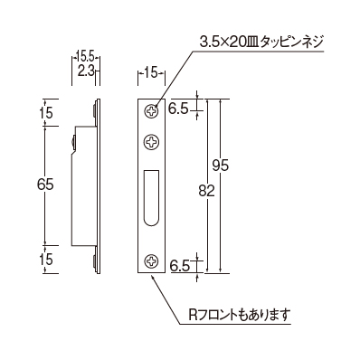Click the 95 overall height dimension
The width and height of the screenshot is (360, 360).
click(221, 166)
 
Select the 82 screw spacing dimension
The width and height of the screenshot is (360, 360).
click(207, 191)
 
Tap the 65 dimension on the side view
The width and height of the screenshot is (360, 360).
click(45, 185)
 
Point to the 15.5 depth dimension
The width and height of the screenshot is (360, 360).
click(86, 56)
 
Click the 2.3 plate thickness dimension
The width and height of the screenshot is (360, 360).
click(86, 71)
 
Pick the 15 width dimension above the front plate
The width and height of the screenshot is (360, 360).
click(151, 72)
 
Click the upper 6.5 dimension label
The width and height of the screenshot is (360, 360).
click(178, 109)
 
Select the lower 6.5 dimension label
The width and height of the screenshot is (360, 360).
click(179, 266)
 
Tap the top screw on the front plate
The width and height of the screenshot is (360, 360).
click(151, 111)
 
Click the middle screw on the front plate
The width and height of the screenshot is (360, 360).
click(151, 141)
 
